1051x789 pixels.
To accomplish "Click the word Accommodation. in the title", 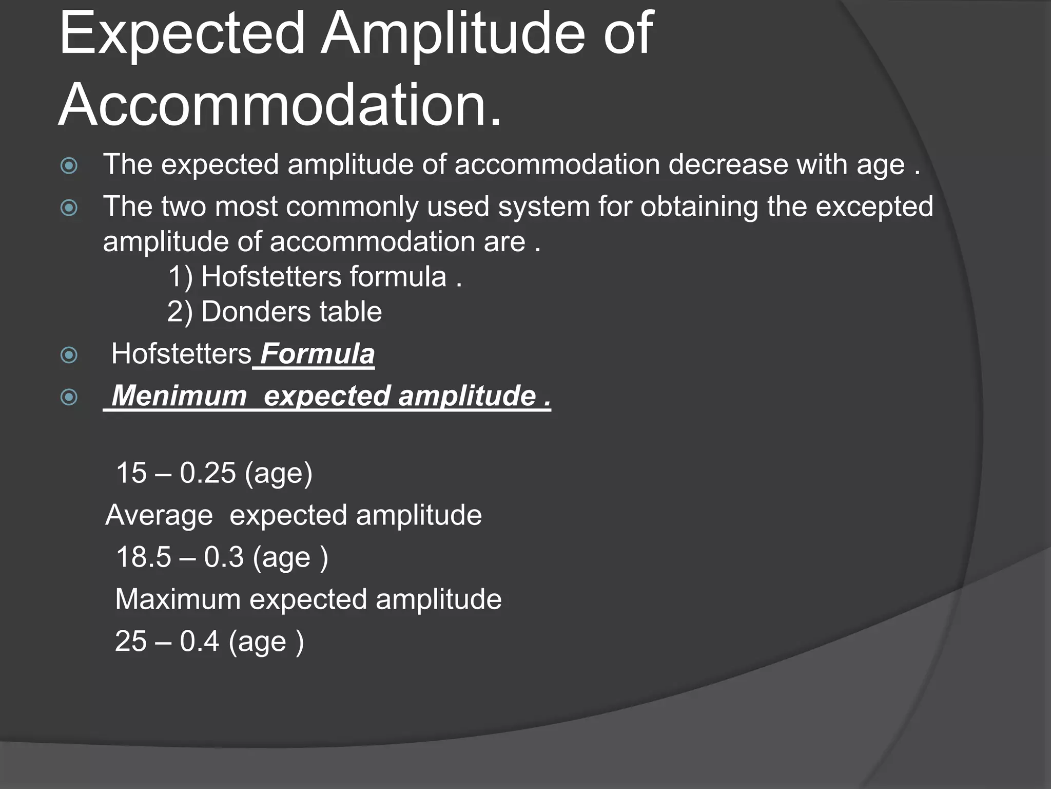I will click(280, 105).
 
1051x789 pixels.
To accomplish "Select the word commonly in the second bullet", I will click(352, 207).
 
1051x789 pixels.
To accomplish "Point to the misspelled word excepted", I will click(874, 207).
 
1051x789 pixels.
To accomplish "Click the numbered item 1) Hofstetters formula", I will click(315, 277).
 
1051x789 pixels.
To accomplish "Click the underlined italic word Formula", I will click(317, 354).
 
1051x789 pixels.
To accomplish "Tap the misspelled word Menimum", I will click(179, 396).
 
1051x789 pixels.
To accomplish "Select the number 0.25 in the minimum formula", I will click(207, 473).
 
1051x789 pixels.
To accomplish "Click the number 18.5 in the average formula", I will click(143, 557).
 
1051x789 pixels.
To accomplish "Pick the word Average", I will click(159, 515).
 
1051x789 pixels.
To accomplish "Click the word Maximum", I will click(178, 599).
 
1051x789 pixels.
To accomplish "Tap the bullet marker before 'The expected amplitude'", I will click(69, 165).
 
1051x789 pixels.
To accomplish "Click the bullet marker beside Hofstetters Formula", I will click(69, 355).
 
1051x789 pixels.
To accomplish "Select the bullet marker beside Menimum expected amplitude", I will click(69, 397).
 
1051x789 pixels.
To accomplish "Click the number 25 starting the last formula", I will click(131, 642).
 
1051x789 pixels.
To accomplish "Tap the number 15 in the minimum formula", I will click(132, 473).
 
